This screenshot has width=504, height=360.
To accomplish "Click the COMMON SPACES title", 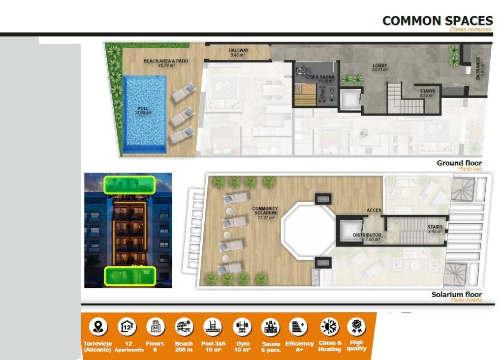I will point(437,21).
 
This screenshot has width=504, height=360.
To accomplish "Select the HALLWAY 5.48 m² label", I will point(238,53).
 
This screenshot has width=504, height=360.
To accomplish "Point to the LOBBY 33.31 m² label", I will point(380,67).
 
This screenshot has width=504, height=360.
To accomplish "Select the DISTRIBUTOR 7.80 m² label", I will point(367,237).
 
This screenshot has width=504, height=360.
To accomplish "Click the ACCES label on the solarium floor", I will point(374,210).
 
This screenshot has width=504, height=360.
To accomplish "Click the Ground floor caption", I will point(459,163).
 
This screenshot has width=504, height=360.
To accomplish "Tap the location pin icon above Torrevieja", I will point(100,327).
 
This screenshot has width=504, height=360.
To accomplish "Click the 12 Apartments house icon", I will point(127,327).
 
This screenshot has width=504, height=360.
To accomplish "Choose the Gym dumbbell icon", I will point(242,327).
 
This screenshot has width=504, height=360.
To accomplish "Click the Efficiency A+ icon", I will point(299,327).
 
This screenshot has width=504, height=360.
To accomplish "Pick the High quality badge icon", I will point(356,327).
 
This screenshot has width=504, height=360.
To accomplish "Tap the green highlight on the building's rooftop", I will point(129,184).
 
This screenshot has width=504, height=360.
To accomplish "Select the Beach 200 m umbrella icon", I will point(184,327).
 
